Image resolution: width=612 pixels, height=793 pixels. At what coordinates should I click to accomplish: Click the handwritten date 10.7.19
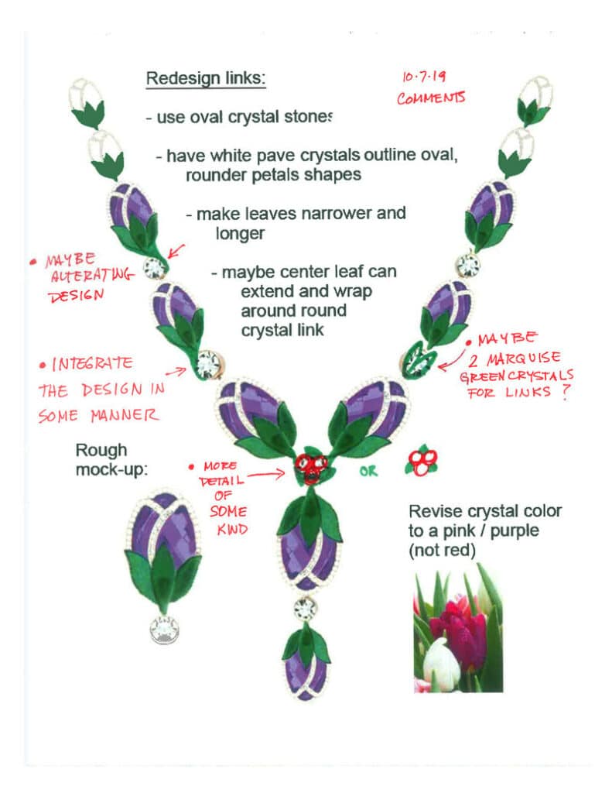click(422, 77)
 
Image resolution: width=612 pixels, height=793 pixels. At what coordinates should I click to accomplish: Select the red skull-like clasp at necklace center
click(309, 467)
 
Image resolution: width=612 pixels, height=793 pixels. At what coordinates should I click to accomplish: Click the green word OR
click(368, 471)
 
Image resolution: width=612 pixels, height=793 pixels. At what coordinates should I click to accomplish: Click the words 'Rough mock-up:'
click(108, 459)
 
